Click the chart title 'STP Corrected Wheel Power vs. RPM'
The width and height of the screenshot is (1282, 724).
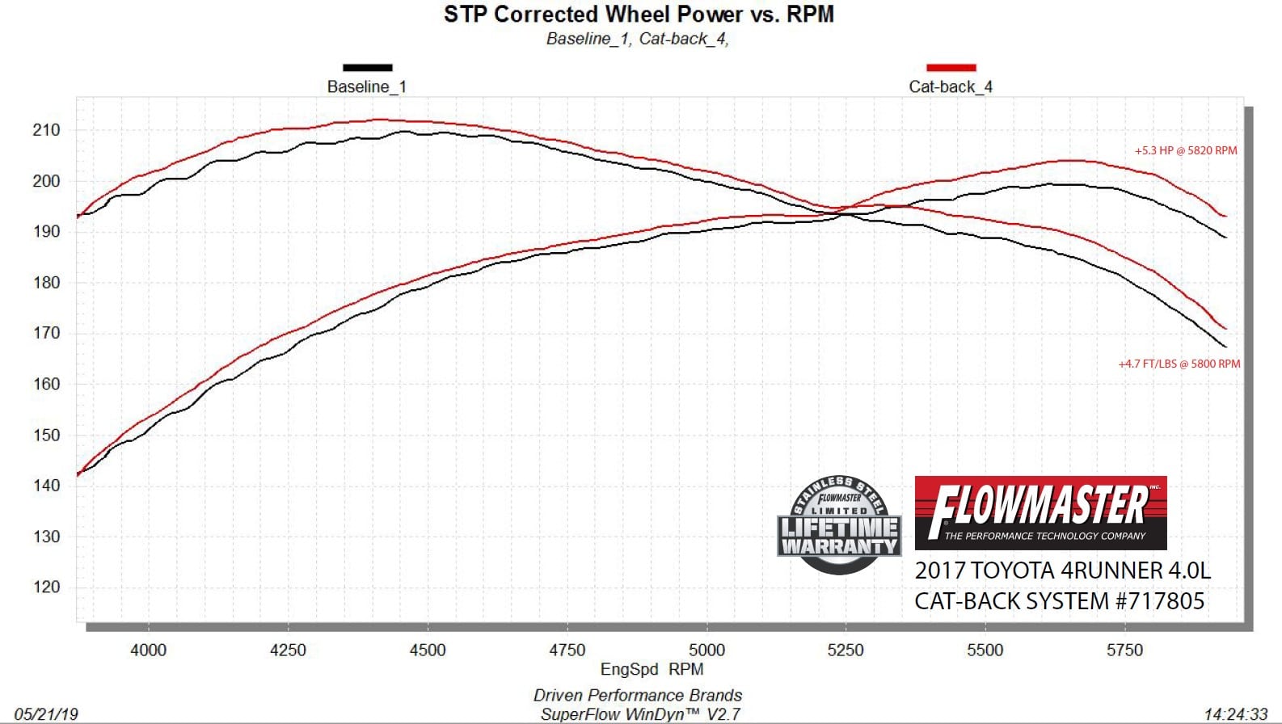coord(639,15)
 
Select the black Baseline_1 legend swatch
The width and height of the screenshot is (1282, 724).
coord(367,68)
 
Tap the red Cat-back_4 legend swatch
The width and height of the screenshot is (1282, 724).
coord(951,68)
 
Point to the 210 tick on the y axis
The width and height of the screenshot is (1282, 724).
coord(46,130)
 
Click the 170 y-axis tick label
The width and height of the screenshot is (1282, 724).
coord(46,333)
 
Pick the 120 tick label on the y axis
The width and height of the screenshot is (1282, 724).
coord(46,587)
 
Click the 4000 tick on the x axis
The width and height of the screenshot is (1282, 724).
coord(148,650)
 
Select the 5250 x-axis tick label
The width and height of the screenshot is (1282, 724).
coord(846,650)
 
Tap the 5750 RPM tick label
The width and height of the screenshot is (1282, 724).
coord(1124,650)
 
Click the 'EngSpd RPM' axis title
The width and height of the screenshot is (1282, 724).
coord(652,670)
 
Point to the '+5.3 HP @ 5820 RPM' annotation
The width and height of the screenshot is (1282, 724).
coord(1185,151)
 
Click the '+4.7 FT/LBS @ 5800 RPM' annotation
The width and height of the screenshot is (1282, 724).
coord(1179,364)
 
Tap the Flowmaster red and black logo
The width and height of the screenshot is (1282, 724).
coord(1040,513)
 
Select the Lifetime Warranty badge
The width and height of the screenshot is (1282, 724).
coord(839,525)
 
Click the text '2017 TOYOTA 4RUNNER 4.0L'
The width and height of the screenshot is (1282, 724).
coord(1062,571)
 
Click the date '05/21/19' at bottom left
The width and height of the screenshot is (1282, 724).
coord(46,714)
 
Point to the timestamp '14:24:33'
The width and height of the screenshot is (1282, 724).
coord(1235,714)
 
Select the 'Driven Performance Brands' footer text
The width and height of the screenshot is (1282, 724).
coord(637,696)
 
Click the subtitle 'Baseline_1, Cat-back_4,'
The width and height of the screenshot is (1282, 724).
coord(637,39)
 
